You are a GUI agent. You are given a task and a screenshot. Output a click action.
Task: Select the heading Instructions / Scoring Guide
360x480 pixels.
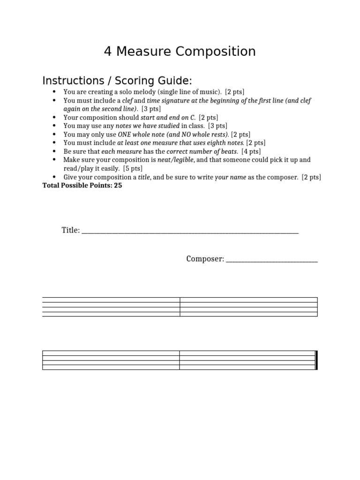pos(117,80)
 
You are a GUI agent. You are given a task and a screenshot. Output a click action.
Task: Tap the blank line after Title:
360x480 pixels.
pos(190,231)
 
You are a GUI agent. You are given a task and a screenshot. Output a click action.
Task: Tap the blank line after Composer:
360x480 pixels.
pos(271,260)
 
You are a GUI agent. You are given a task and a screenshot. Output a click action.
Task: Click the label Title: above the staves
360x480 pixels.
pos(71,230)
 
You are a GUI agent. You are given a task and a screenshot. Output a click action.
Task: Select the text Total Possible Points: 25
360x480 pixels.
pos(82,185)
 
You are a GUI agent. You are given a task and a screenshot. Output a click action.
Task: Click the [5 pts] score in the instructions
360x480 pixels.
pos(133,168)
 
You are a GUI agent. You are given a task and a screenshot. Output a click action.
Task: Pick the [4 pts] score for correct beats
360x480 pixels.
pos(251,151)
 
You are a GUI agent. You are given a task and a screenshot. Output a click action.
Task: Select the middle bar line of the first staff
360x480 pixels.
pos(180,307)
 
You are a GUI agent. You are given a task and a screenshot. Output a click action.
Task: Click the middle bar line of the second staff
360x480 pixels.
pos(180,360)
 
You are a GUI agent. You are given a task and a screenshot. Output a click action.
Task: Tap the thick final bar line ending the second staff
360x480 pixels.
pos(316,360)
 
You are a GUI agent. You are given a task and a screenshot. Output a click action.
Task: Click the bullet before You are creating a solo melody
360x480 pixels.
pos(55,92)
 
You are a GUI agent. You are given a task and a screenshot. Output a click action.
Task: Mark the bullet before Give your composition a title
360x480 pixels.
pos(55,177)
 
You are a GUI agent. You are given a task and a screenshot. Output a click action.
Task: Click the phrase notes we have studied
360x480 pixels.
pos(148,126)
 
